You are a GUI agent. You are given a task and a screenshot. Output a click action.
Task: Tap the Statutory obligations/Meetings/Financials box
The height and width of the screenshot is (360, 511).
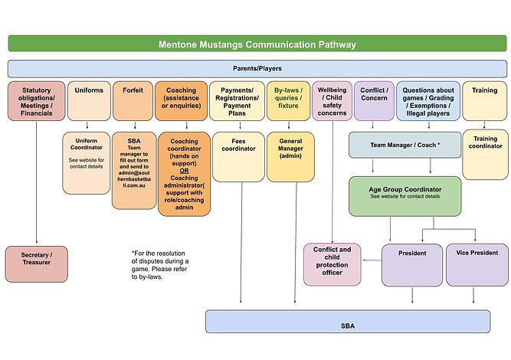click(x=37, y=101)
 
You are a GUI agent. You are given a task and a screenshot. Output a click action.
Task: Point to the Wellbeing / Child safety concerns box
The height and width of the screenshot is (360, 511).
click(x=332, y=101)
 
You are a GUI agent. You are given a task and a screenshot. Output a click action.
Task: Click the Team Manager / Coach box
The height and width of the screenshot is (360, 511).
click(x=405, y=146)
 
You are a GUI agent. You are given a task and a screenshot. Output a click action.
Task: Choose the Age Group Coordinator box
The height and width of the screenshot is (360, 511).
click(x=405, y=195)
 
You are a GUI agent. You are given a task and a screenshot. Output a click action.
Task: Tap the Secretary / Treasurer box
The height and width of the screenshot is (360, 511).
click(x=37, y=263)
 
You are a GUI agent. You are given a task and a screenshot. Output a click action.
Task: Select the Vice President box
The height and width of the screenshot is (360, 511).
click(x=477, y=263)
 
